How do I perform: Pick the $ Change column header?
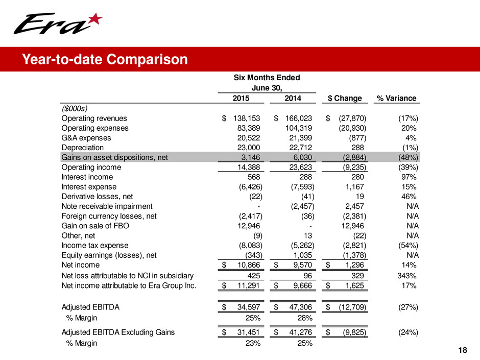pyautogui.click(x=345, y=98)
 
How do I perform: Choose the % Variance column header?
pyautogui.click(x=396, y=98)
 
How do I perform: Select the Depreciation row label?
pyautogui.click(x=81, y=148)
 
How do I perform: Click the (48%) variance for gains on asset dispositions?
pyautogui.click(x=408, y=157)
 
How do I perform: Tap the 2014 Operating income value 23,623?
pyautogui.click(x=299, y=167)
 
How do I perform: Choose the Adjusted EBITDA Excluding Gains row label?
pyautogui.click(x=118, y=332)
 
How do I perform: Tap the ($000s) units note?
pyautogui.click(x=75, y=108)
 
